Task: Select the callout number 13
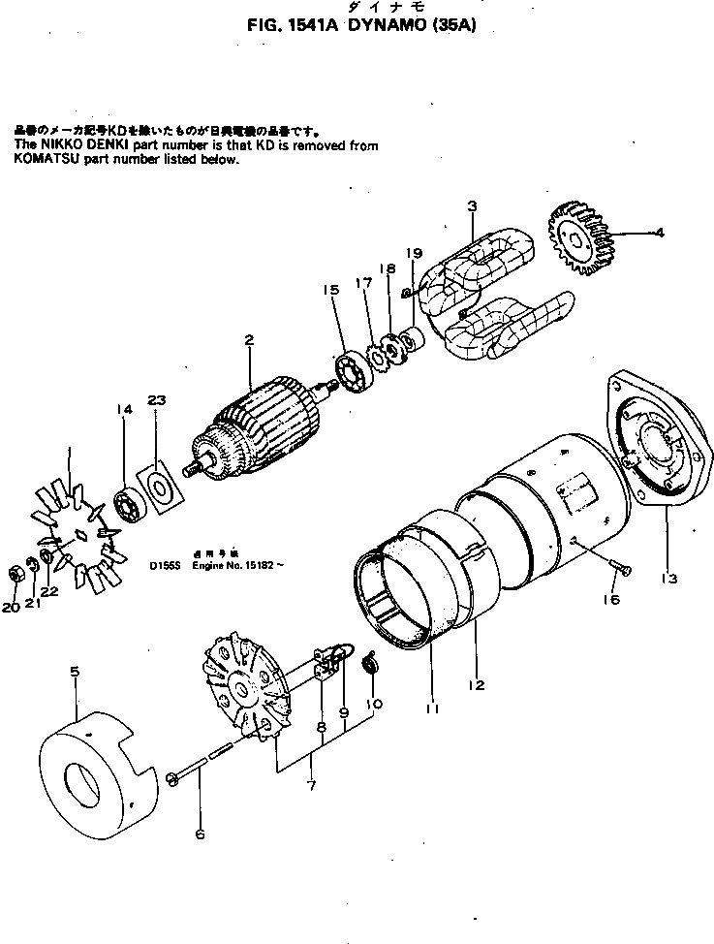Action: point(667,579)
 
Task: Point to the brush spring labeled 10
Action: point(370,664)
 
